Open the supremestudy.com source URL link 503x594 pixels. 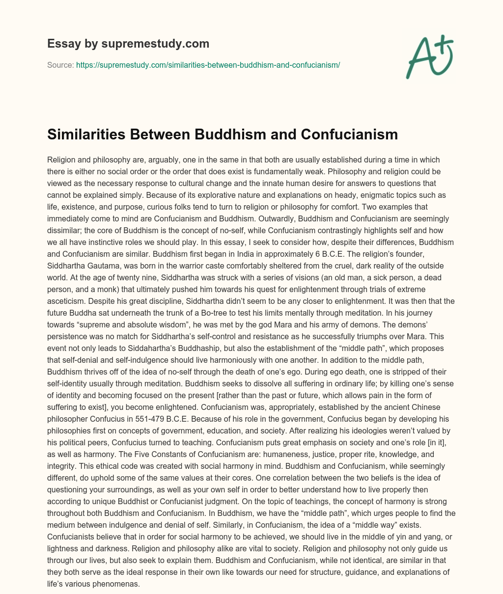point(208,64)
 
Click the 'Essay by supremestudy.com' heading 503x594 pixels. point(128,44)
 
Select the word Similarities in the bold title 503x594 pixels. point(85,134)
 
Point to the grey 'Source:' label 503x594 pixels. point(60,64)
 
